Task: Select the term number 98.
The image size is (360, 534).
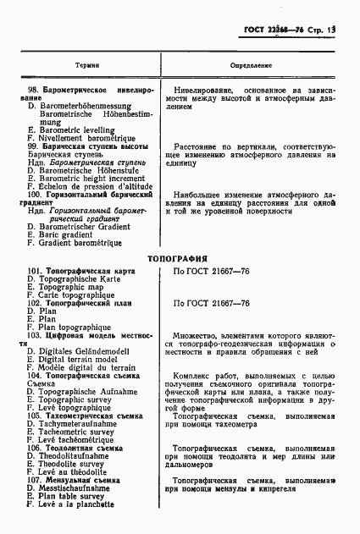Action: (35, 89)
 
